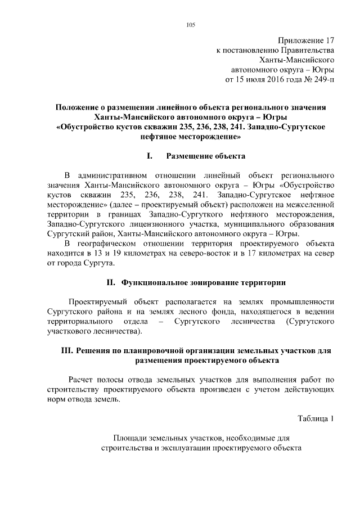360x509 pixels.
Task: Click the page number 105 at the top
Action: click(190, 24)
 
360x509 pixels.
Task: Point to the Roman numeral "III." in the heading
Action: click(67, 350)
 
